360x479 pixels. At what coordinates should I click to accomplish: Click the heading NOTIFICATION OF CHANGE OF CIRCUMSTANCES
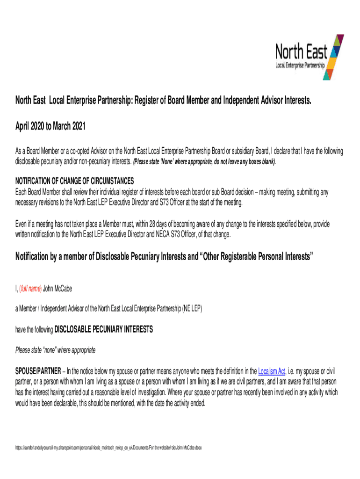tap(75, 181)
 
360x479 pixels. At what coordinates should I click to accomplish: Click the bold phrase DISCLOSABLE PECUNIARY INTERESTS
tap(103, 329)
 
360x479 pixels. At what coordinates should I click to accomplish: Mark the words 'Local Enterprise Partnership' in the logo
tap(300, 66)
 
